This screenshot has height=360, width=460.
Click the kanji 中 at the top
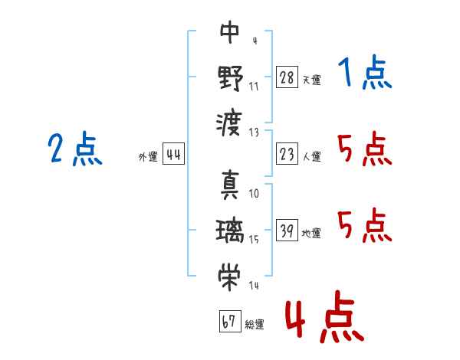pyautogui.click(x=230, y=32)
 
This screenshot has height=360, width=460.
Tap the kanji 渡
pyautogui.click(x=230, y=123)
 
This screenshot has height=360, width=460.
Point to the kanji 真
pyautogui.click(x=230, y=186)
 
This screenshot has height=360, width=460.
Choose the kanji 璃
pyautogui.click(x=230, y=231)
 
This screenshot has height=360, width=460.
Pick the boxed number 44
pyautogui.click(x=173, y=155)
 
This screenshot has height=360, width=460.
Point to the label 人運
pyautogui.click(x=311, y=156)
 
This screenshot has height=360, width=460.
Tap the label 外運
pyautogui.click(x=148, y=157)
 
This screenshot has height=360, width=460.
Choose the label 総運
pyautogui.click(x=255, y=324)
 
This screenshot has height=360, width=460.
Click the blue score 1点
pyautogui.click(x=364, y=74)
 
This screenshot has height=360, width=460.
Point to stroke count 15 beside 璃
pyautogui.click(x=254, y=240)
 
